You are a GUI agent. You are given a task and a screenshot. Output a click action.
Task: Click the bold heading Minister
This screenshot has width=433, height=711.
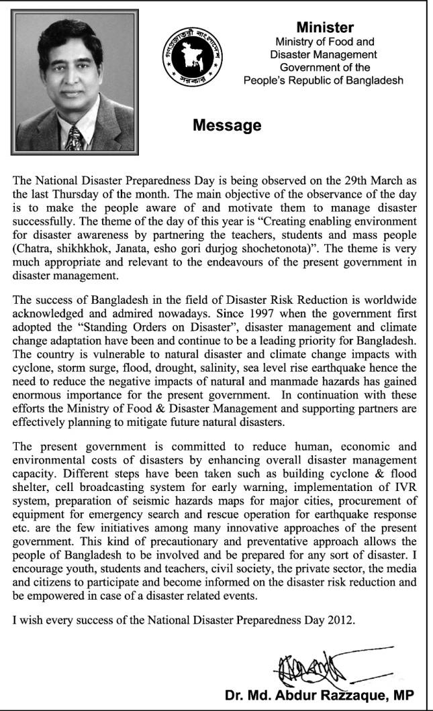click(325, 28)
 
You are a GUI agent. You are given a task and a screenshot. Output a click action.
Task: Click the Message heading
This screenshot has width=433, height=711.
click(227, 125)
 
